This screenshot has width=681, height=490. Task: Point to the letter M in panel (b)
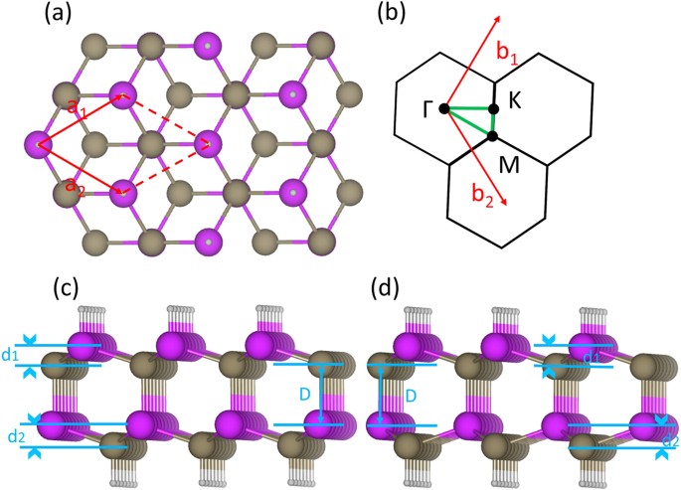[x=510, y=162]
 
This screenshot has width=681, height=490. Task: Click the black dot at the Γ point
[x=444, y=107]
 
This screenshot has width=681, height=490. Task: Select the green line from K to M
[x=493, y=121]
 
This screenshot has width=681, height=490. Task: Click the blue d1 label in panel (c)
[x=11, y=355]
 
